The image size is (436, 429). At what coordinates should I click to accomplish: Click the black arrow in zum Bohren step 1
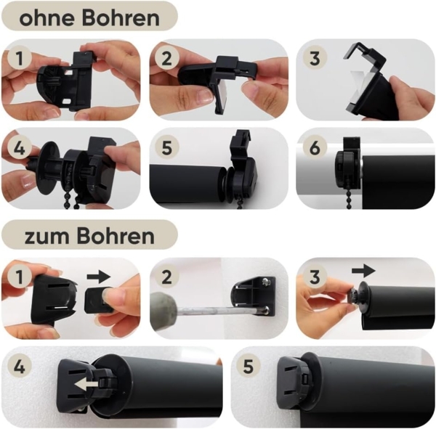click(97, 276)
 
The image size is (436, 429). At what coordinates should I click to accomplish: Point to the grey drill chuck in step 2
click(167, 312)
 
